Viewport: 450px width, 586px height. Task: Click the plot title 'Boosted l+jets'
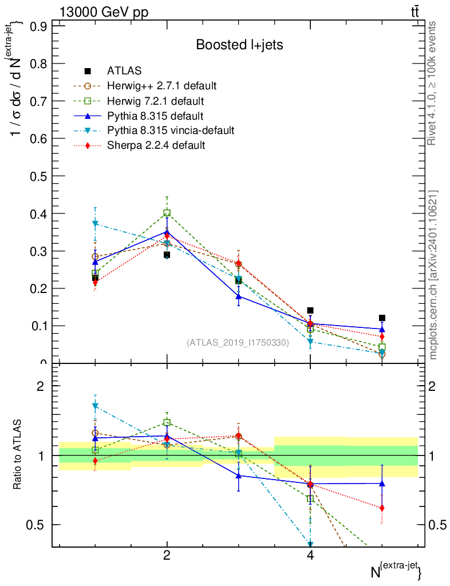coord(239,45)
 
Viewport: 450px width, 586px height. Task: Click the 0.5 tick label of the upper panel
coord(38,176)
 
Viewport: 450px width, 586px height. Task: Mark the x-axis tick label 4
coord(310,556)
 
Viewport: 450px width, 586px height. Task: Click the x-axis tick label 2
coord(167,556)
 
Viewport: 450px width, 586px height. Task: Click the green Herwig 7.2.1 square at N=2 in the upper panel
coord(167,213)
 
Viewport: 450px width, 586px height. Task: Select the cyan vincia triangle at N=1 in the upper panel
coord(96,223)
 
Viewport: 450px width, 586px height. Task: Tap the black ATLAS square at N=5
coord(382,318)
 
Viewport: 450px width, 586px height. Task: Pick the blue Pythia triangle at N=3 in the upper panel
coord(239,296)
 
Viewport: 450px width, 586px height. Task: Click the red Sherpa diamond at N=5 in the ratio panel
coord(382,508)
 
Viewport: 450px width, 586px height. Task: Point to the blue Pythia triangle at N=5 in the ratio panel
coord(382,484)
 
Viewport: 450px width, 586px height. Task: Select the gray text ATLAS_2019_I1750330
coord(238,343)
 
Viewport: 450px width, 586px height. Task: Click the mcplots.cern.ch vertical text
coord(433,275)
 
